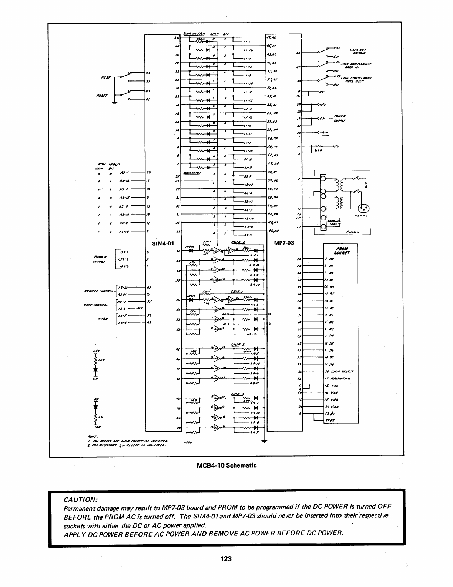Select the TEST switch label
106,77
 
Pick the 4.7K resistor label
318,151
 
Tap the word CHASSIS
352,232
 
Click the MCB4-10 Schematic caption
226,465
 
